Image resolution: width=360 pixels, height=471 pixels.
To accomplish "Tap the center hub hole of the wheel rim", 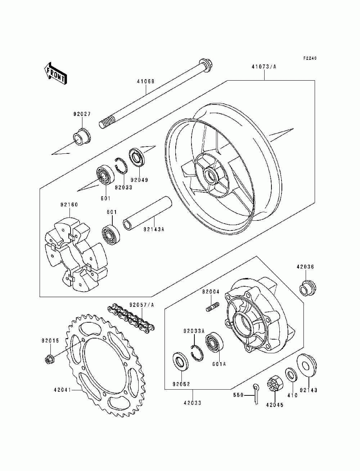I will pyautogui.click(x=211, y=176).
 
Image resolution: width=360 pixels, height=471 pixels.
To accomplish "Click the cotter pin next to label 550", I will pyautogui.click(x=256, y=393).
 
